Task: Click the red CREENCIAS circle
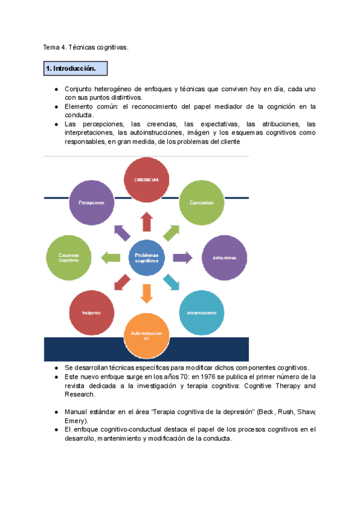pyautogui.click(x=146, y=179)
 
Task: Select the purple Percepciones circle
pyautogui.click(x=92, y=202)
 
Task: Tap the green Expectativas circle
pyautogui.click(x=202, y=202)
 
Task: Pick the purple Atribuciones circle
pyautogui.click(x=224, y=258)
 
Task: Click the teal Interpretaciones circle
pyautogui.click(x=202, y=313)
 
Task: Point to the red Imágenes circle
pyautogui.click(x=92, y=313)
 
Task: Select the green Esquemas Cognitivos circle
pyautogui.click(x=69, y=258)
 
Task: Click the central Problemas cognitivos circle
pyautogui.click(x=146, y=258)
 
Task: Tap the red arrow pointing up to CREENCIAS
pyautogui.click(x=146, y=222)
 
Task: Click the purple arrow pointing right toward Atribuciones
pyautogui.click(x=182, y=258)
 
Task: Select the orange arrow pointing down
pyautogui.click(x=146, y=294)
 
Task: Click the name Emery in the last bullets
pyautogui.click(x=76, y=421)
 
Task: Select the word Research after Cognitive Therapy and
pyautogui.click(x=79, y=395)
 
